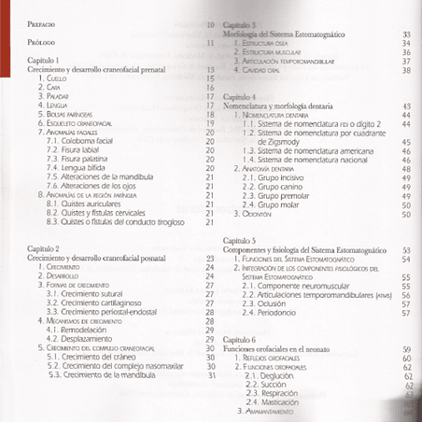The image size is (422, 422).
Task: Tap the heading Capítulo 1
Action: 44,61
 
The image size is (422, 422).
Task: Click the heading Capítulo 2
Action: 44,250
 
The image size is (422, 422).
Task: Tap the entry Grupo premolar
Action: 279,195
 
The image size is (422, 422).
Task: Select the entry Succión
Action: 272,383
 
